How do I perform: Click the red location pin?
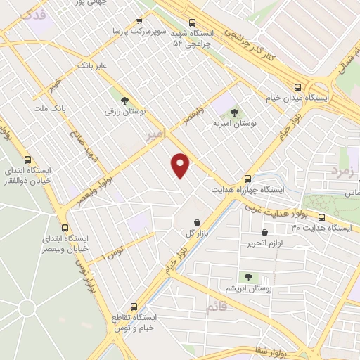tap(181, 165)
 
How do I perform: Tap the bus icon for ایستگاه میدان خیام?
tap(298, 88)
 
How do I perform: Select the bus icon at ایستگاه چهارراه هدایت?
tap(247, 179)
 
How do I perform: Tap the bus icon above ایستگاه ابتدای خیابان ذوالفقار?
tap(27, 160)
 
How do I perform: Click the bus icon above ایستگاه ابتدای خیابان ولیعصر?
tap(65, 228)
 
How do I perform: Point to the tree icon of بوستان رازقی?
tap(124, 101)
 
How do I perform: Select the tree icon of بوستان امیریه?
tap(234, 112)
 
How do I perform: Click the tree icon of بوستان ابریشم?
tap(247, 277)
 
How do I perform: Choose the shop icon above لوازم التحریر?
tap(264, 232)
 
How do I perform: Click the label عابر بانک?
tap(91, 65)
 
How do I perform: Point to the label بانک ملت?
tap(49, 108)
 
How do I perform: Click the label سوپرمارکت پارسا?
tap(146, 32)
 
